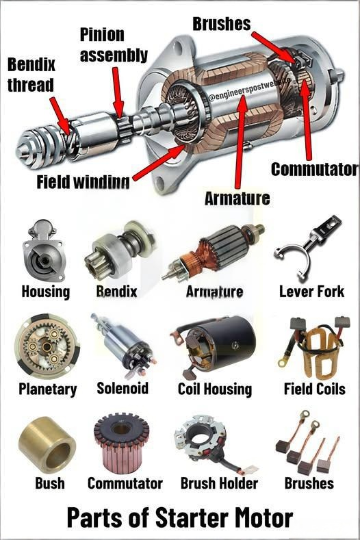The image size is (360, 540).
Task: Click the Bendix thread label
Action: pyautogui.click(x=31, y=75)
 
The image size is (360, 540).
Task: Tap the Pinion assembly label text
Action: pyautogui.click(x=114, y=44)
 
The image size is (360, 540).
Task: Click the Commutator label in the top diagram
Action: pyautogui.click(x=314, y=168)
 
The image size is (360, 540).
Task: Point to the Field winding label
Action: pyautogui.click(x=83, y=183)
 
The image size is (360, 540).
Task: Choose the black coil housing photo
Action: pyautogui.click(x=216, y=345)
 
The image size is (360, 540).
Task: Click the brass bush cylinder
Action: pyautogui.click(x=47, y=446)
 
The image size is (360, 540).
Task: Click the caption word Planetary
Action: pyautogui.click(x=47, y=389)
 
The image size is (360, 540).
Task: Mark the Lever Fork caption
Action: pyautogui.click(x=311, y=292)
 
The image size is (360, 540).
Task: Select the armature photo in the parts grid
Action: pyautogui.click(x=211, y=256)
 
